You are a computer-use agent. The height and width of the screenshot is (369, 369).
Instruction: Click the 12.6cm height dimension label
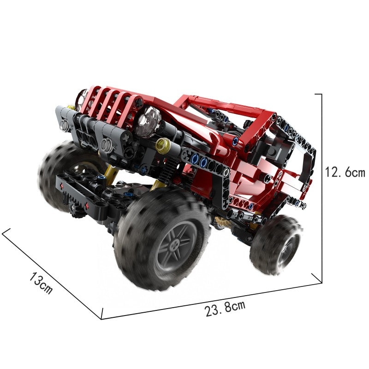345,172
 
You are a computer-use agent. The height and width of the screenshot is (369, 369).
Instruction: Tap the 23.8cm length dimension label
225,308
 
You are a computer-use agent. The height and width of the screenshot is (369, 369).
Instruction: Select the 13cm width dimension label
41,282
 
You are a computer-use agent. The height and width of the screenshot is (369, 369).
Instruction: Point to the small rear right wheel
276,245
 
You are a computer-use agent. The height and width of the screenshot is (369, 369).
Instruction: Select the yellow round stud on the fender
162,145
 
